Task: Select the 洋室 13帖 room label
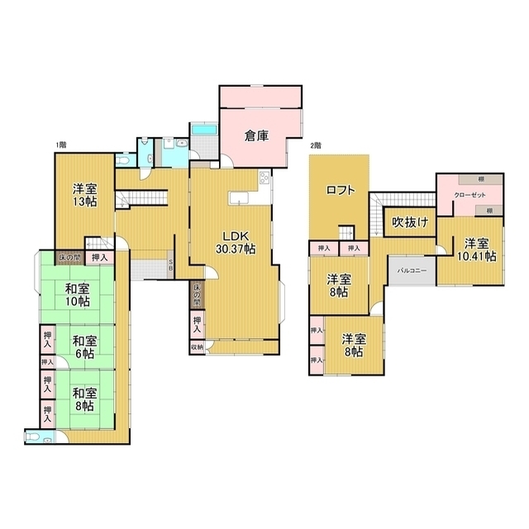tap(83, 194)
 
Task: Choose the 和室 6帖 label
tap(83, 346)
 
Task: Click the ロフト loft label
tap(340, 189)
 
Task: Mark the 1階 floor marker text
tap(60, 145)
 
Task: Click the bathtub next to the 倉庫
tap(203, 130)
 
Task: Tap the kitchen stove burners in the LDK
tap(264, 178)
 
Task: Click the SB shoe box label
tap(170, 266)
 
